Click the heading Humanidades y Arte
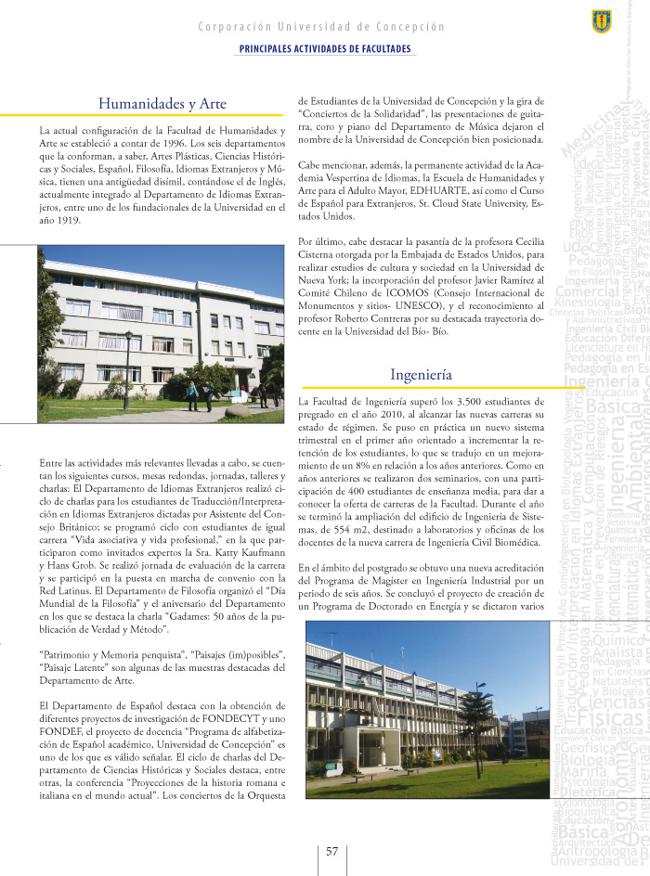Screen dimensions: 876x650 click(x=162, y=104)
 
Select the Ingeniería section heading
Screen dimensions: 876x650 click(x=421, y=375)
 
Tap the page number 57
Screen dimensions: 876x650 click(x=331, y=852)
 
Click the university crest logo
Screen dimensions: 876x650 click(x=601, y=21)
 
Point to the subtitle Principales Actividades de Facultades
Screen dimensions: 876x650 click(x=325, y=48)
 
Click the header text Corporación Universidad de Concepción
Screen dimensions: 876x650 click(x=321, y=27)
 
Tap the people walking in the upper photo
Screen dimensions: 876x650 click(x=200, y=394)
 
